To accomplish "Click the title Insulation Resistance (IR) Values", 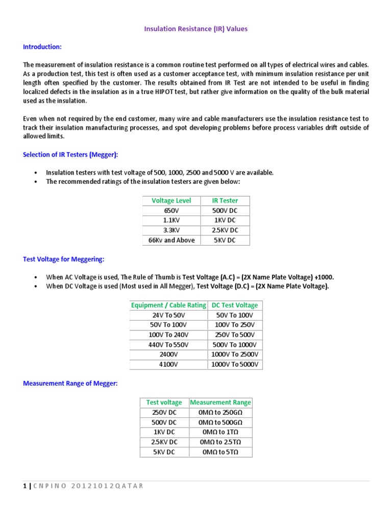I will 195,29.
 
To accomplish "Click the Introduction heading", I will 42,47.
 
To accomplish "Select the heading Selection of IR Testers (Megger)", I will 70,155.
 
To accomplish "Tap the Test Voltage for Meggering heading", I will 63,259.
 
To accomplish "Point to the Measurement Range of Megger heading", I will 70,384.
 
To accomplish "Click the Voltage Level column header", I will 171,201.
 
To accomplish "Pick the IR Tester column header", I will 225,201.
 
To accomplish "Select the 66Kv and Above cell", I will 171,240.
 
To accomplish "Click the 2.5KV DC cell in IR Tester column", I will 225,230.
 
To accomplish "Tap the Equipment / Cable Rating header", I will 168,305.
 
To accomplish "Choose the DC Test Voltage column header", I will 235,305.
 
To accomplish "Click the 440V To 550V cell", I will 168,345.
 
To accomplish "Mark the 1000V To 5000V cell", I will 235,364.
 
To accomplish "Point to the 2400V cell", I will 168,354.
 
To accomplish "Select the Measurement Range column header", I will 220,402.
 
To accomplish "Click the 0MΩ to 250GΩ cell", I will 220,412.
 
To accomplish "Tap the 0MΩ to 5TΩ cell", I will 220,452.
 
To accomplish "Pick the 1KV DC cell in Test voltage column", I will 164,432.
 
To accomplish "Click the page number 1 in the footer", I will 25,486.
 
